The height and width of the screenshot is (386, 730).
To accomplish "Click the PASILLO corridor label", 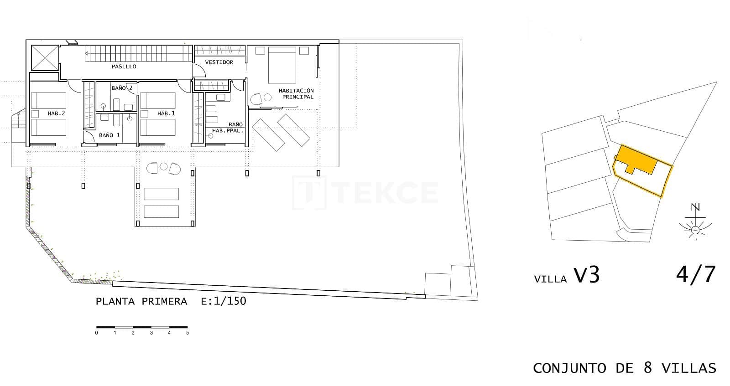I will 124,67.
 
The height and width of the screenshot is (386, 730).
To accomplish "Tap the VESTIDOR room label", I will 219,62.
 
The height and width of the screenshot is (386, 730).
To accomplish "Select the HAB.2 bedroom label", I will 57,113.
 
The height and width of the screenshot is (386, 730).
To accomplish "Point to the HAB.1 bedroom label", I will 166,113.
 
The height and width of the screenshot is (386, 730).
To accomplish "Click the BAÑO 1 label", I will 109,135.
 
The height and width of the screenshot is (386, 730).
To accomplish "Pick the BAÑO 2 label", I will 122,88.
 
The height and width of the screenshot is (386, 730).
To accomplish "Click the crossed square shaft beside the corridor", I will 45,58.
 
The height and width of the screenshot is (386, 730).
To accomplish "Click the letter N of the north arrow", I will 695,208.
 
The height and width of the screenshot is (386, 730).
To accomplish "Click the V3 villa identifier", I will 587,276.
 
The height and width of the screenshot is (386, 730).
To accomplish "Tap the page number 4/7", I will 696,274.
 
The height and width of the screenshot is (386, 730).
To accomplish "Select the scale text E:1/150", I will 224,301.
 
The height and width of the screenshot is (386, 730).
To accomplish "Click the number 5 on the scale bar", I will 188,333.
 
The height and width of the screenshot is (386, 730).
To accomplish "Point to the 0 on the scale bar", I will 97,333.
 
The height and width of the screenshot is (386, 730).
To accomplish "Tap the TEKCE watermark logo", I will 365,192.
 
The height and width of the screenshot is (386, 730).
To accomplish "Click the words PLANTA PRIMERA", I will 141,301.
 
